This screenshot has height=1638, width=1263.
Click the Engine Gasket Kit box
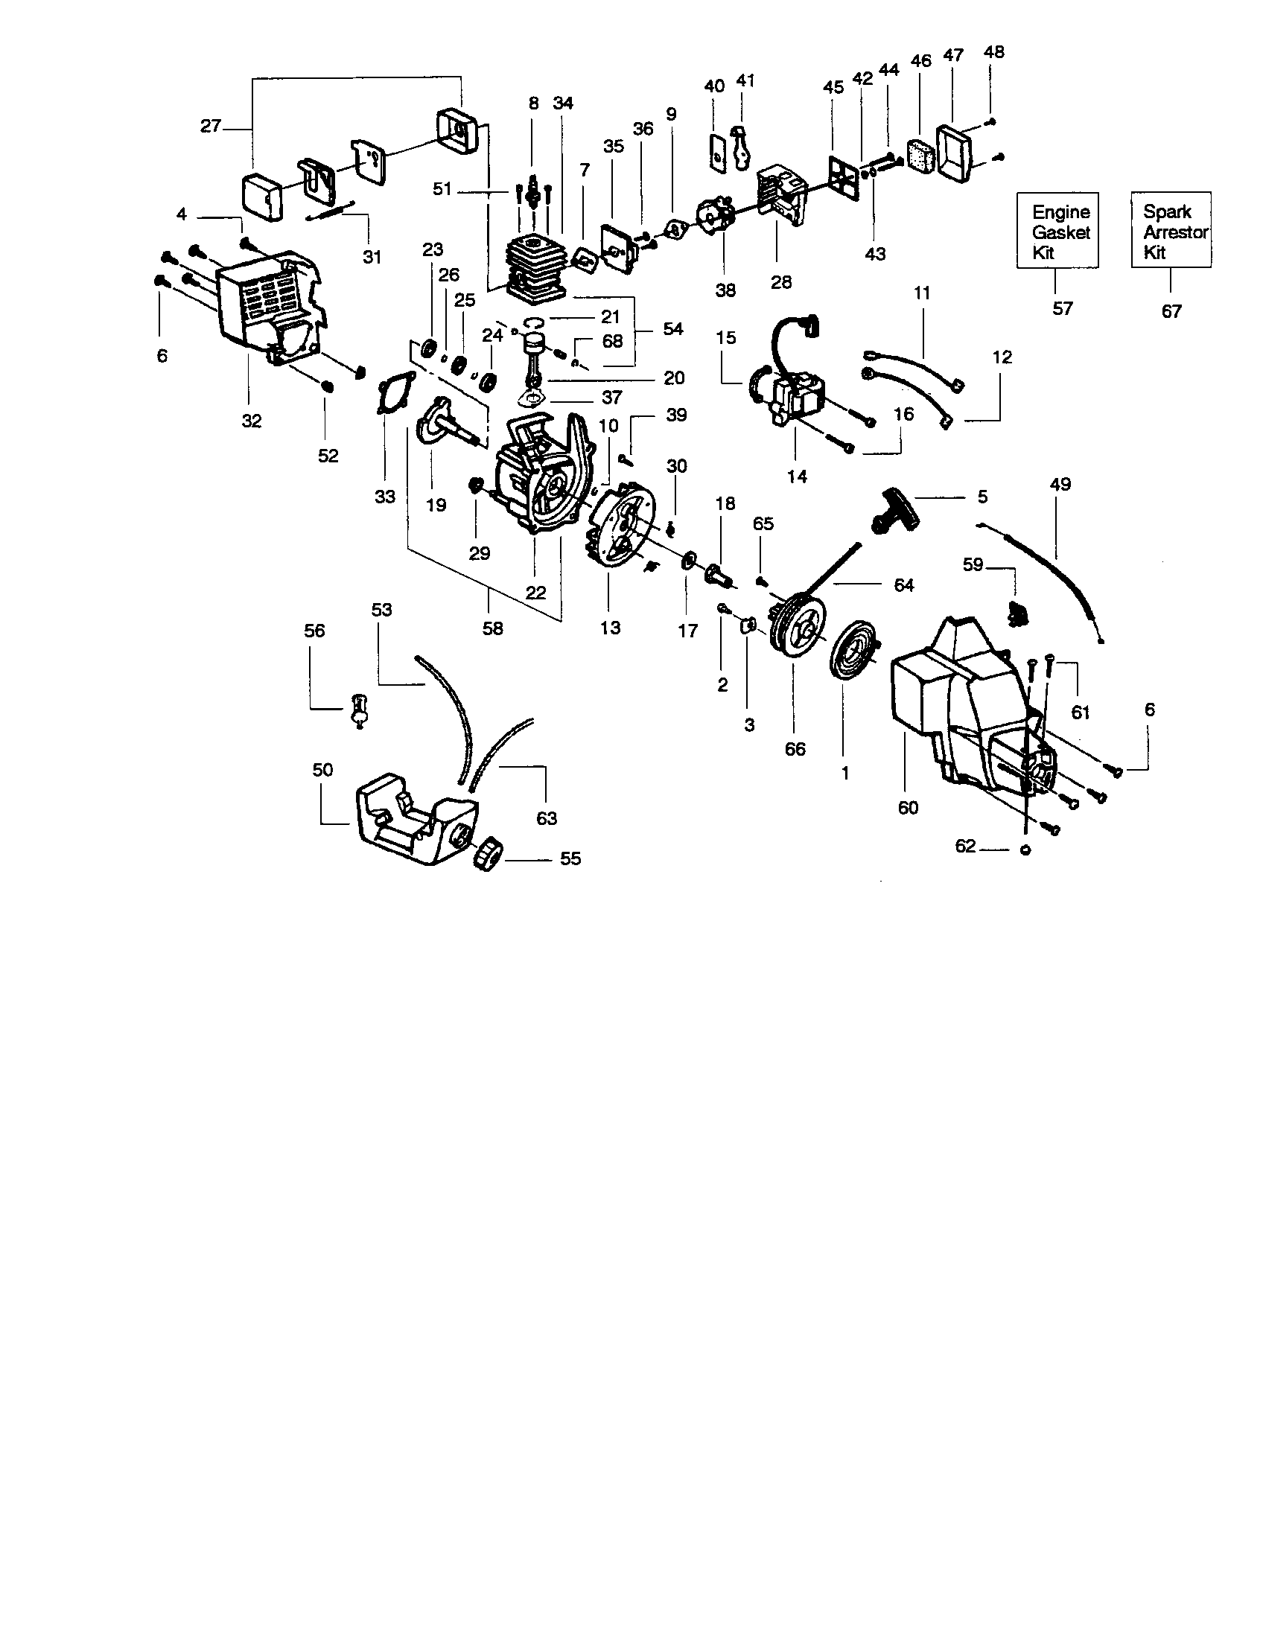click(1058, 231)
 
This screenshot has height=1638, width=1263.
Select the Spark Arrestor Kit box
click(1171, 230)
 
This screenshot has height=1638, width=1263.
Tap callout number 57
click(1062, 308)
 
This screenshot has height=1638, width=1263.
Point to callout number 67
click(1171, 310)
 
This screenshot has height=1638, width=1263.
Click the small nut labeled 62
click(1026, 850)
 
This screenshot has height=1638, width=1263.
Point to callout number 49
click(1060, 485)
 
